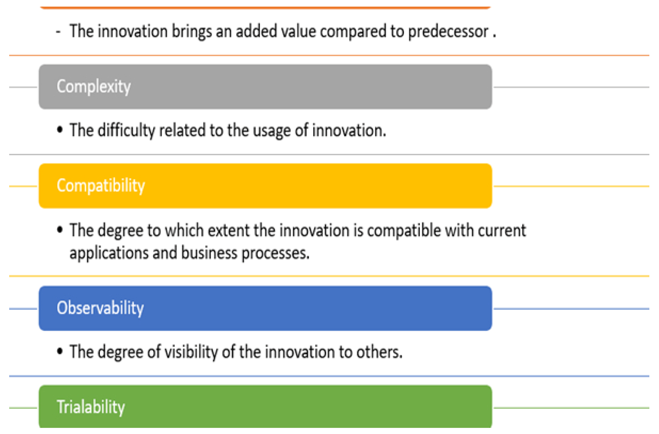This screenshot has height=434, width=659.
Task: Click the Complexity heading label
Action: (94, 87)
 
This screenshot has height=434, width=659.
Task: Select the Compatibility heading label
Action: (101, 186)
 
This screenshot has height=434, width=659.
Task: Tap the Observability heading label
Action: (100, 308)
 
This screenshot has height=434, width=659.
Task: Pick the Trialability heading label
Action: (91, 407)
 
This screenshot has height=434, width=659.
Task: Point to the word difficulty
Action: (126, 130)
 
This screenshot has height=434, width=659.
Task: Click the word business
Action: (209, 253)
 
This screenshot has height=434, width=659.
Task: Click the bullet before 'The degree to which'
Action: (60, 230)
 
